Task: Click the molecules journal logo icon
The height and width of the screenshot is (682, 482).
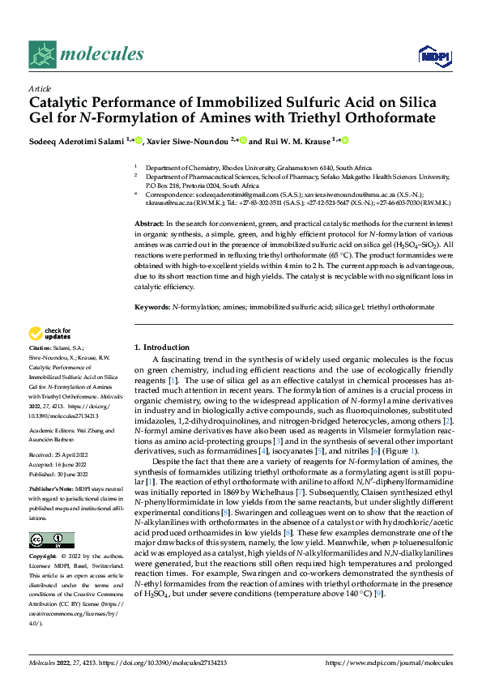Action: (x=43, y=53)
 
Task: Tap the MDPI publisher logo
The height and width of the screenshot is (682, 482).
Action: (x=433, y=55)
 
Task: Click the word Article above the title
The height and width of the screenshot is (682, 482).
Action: (x=40, y=88)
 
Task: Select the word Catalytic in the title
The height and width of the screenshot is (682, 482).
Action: (x=61, y=103)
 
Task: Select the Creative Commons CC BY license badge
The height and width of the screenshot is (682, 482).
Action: (x=51, y=540)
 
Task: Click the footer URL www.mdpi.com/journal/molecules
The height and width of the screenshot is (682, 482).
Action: (x=388, y=663)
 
